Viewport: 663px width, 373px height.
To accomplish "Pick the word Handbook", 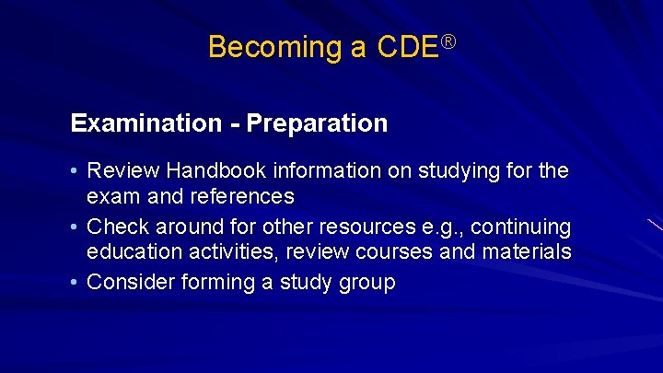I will (204, 171).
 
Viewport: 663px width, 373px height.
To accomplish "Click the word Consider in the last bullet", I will (128, 282).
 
